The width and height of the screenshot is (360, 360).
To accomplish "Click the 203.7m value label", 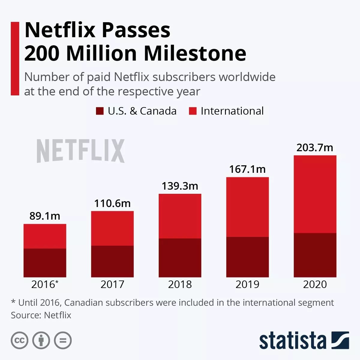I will pos(315,148).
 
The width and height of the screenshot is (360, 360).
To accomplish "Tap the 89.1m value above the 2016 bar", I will pos(45,216).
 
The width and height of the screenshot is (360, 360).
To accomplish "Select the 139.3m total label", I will pos(180,186).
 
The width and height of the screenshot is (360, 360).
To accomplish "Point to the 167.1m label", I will pos(247,169).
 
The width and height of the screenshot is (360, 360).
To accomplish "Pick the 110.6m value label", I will pos(112,203).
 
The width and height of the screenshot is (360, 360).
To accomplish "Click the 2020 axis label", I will pos(315,284).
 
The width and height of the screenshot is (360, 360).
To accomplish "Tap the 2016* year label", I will pos(45,284).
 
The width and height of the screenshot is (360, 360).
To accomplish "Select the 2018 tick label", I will pos(180,284).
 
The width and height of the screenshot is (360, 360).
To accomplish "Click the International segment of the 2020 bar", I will pos(315,194).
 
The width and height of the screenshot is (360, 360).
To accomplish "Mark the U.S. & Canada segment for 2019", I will pos(247,257).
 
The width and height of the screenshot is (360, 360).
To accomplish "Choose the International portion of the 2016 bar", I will pos(45,236).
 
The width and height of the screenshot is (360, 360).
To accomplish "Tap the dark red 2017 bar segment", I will pos(112,261).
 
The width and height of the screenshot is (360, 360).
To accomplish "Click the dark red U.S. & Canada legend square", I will pos(100,111).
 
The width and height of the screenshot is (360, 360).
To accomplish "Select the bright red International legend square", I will pos(193,111).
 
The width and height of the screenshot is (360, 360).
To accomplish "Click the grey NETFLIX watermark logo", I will pos(80,151).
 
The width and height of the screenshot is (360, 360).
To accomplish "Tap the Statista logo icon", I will pos(340,340).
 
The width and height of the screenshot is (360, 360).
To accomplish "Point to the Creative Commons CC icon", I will pos(19,340).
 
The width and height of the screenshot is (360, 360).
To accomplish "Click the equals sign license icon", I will pos(63,340).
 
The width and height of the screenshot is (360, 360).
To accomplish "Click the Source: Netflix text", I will pos(41,315).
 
